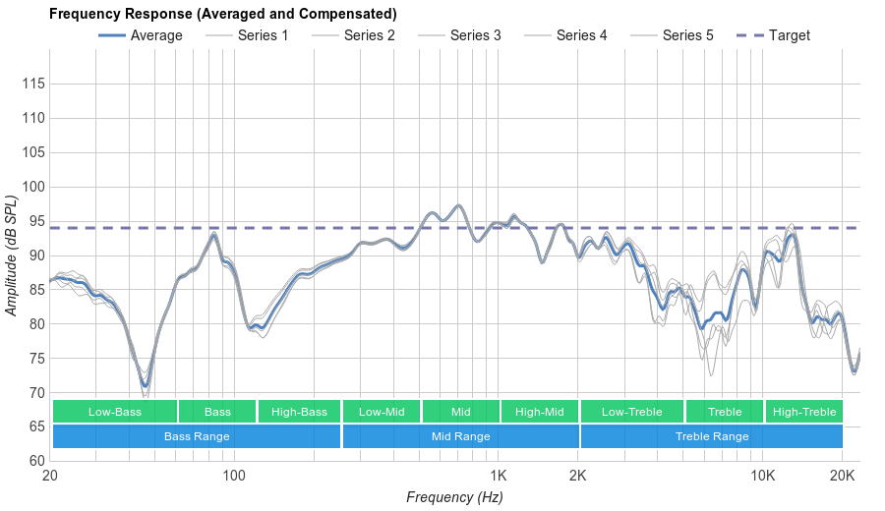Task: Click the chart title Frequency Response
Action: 222,14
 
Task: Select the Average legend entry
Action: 155,35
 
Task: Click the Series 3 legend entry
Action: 475,35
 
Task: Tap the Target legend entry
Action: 789,35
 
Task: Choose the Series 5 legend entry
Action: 687,35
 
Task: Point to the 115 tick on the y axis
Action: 33,85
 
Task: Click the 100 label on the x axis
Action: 234,477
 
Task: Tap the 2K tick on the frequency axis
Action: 578,477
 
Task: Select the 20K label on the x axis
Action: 842,477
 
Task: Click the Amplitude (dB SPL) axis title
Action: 12,255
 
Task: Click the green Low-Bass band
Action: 115,412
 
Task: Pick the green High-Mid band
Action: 539,412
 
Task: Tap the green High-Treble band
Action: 803,412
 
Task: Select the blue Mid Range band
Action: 460,436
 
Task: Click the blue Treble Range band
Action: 712,436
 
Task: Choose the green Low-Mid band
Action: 381,412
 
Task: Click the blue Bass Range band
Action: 197,436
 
